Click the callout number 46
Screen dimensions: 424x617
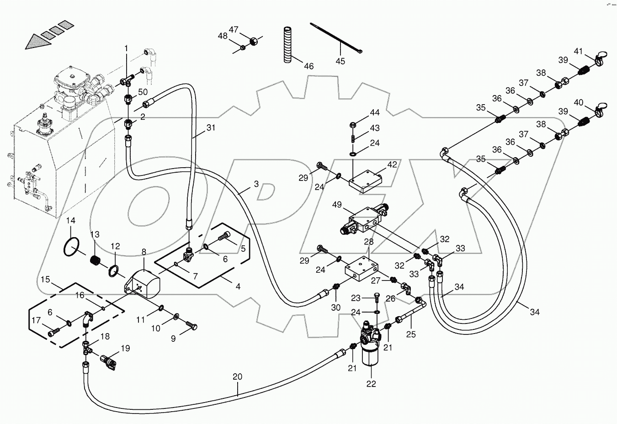309,66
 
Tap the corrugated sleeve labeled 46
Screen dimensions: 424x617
287,44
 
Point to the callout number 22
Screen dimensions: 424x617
371,384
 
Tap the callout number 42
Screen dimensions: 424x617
392,164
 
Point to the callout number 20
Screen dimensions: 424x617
237,377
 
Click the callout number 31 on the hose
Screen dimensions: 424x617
210,128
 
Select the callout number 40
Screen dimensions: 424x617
579,103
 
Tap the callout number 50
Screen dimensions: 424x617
143,92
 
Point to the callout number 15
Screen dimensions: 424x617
45,279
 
